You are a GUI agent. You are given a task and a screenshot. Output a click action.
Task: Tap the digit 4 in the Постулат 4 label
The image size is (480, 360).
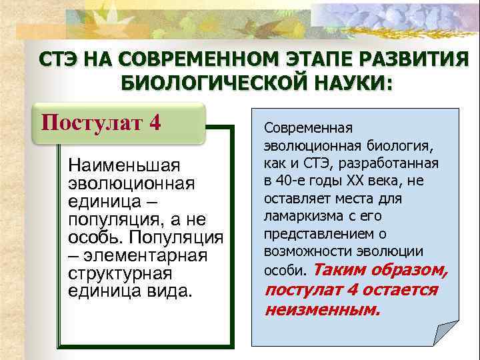(154, 123)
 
